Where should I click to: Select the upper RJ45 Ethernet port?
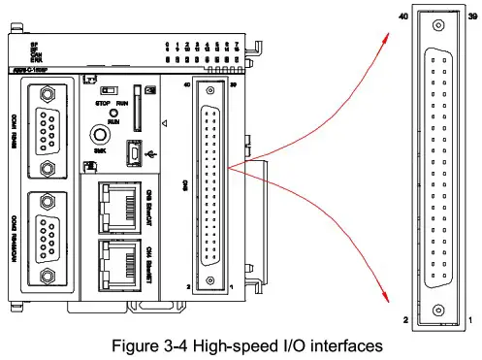point(117,206)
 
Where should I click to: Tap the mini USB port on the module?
point(133,152)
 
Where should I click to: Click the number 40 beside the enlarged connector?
point(402,17)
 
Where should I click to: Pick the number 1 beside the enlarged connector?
point(469,318)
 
